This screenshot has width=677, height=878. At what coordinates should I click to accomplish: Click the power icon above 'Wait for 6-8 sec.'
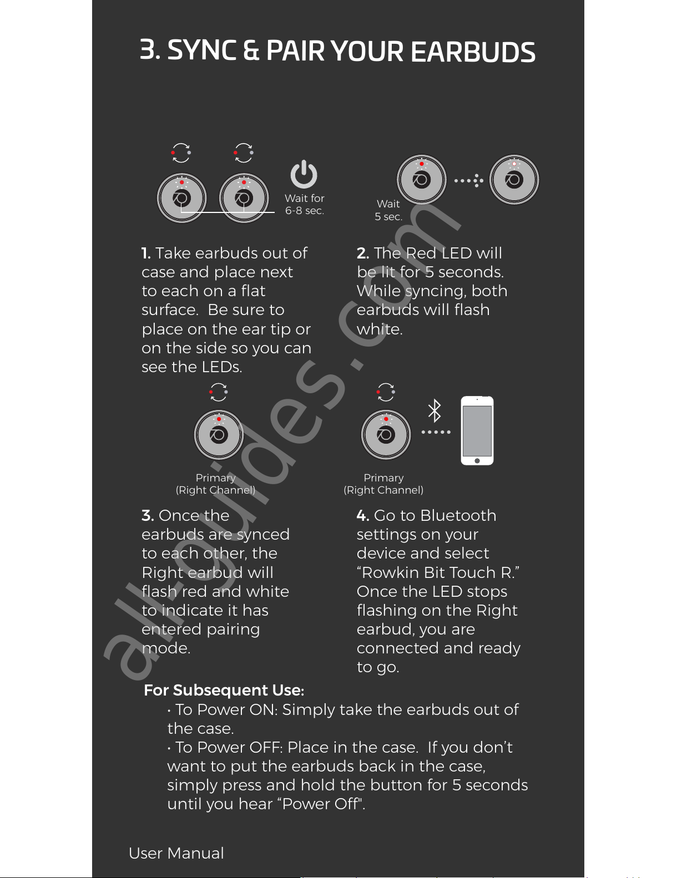tap(304, 175)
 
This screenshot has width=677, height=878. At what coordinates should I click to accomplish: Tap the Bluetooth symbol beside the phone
tap(435, 410)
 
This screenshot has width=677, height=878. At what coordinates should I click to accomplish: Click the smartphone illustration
tap(477, 431)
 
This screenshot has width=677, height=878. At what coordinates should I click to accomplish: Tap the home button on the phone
tap(477, 460)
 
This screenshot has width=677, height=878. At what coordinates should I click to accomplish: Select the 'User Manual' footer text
tap(176, 853)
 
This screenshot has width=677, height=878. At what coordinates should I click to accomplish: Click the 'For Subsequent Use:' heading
tap(224, 690)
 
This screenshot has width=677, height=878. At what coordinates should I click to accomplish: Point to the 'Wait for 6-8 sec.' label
tap(304, 205)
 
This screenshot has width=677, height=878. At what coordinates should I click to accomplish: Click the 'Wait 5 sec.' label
tap(388, 210)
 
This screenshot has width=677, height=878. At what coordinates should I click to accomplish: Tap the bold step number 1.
tap(146, 253)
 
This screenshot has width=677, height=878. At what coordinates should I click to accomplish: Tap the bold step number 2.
tap(362, 253)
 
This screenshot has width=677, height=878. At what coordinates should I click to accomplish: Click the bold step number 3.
tap(148, 516)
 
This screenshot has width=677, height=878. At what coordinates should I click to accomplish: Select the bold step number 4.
tap(362, 516)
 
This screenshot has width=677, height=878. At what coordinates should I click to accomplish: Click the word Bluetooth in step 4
tap(458, 516)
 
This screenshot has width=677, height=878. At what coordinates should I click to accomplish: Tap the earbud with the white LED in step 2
tap(514, 179)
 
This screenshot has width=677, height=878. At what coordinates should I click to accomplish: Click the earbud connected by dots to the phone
tap(386, 435)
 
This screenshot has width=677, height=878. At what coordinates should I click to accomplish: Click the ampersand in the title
tap(251, 50)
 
